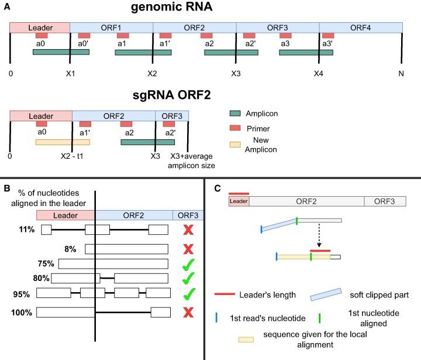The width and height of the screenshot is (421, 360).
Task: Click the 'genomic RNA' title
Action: pyautogui.click(x=208, y=9)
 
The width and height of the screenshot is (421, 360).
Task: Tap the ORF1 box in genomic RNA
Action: pyautogui.click(x=111, y=28)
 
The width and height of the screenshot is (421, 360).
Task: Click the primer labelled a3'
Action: pyautogui.click(x=328, y=36)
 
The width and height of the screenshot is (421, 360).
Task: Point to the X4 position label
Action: pyautogui.click(x=318, y=74)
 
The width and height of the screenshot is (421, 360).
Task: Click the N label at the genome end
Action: pyautogui.click(x=401, y=74)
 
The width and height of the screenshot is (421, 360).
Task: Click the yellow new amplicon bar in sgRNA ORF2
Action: pyautogui.click(x=63, y=142)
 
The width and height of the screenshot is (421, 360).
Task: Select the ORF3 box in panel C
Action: pyautogui.click(x=384, y=201)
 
